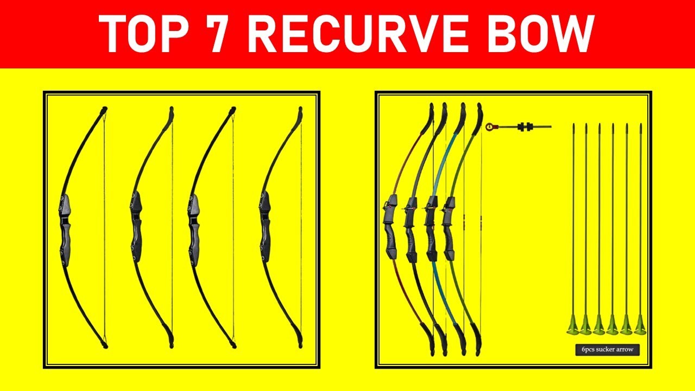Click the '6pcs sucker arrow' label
pos(608,350)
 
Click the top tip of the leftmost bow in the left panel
pos(104,110)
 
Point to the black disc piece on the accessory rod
pos(524,127)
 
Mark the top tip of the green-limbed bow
pos(479,106)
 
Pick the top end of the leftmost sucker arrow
pos(573,127)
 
